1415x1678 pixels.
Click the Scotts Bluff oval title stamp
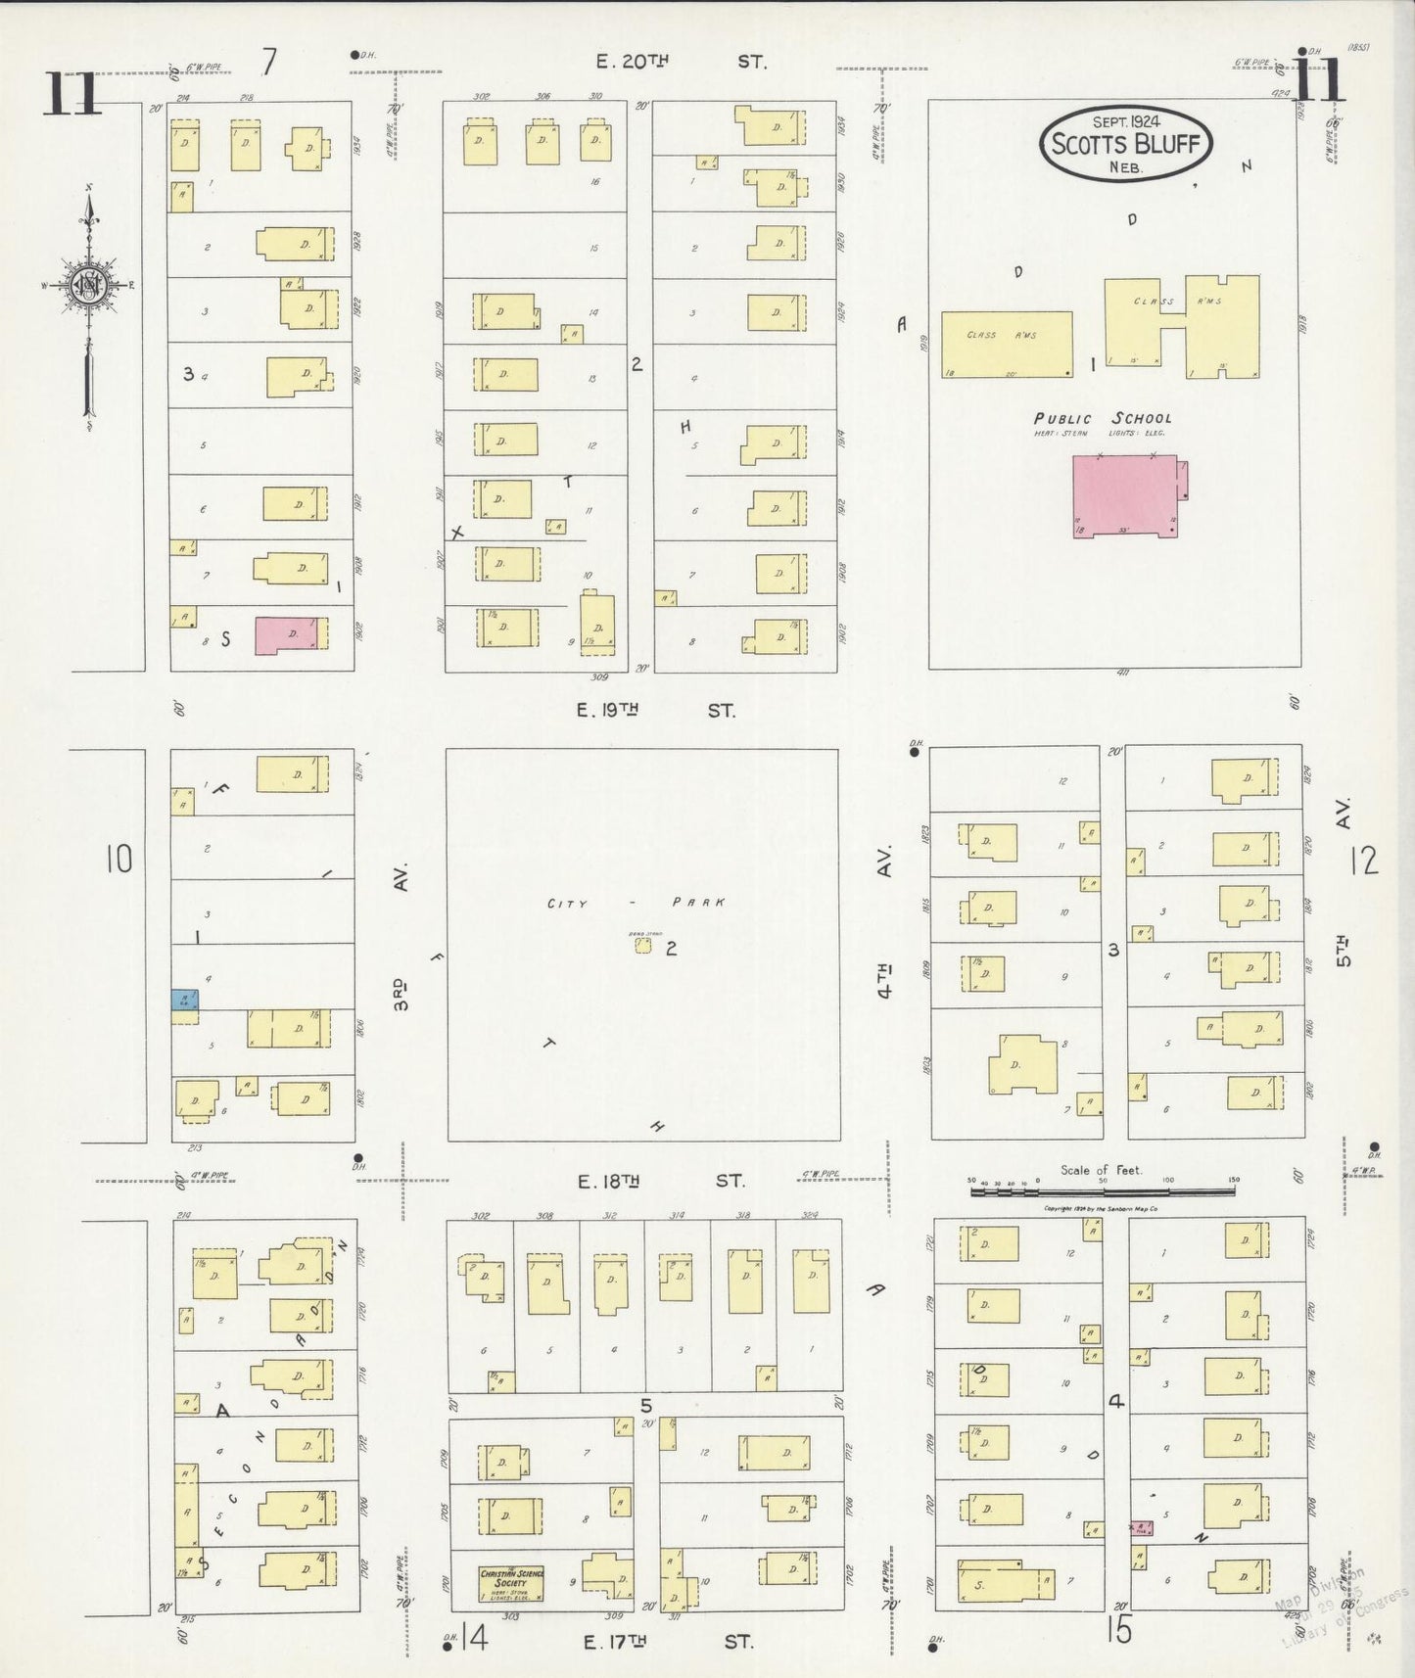1126,144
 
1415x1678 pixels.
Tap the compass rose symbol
89,285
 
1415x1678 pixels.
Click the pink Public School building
1127,495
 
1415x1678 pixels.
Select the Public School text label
1102,419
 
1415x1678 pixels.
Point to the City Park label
637,903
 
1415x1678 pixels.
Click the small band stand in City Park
642,945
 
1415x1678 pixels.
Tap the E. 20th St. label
681,62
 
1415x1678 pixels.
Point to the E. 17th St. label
668,1642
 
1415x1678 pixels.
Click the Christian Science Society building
510,1582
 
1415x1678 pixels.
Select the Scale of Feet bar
1102,1190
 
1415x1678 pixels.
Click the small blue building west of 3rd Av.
183,1000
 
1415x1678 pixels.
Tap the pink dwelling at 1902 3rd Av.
288,634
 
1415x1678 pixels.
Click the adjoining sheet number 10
118,859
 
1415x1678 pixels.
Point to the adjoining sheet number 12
1364,861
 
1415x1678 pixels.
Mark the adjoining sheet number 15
1119,1631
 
